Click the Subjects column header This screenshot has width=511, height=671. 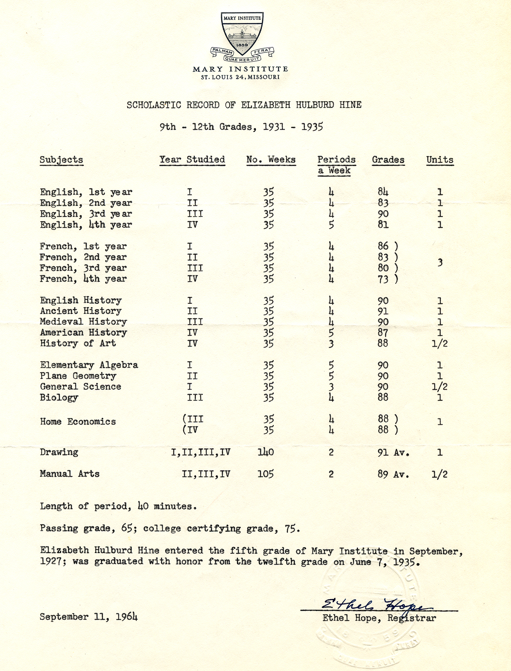(61, 160)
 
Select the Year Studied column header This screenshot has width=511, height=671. (192, 160)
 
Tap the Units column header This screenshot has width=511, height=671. (440, 160)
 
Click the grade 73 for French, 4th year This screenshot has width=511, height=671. (383, 279)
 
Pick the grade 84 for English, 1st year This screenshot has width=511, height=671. (383, 192)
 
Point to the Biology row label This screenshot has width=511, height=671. (59, 398)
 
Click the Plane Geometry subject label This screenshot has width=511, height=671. (78, 376)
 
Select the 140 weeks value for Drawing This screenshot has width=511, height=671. (266, 452)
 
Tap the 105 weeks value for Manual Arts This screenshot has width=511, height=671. (266, 474)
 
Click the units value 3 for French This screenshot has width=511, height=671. (440, 262)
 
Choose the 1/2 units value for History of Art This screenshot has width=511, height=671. (440, 344)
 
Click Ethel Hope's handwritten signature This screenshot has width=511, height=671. (376, 604)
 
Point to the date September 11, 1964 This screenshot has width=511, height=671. (89, 617)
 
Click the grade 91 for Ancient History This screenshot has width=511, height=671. (383, 311)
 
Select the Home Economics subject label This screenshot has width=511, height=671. (78, 422)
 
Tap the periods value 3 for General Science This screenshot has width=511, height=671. (331, 387)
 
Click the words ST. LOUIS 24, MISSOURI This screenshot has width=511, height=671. (240, 77)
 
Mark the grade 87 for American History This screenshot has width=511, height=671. (383, 333)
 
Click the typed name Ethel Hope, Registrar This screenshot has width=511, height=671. (379, 618)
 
